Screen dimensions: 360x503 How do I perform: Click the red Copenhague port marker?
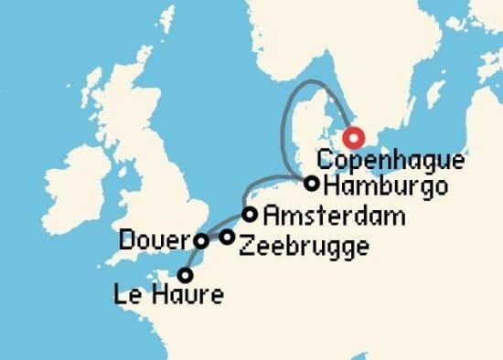353,138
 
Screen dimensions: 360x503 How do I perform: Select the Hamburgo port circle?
312,184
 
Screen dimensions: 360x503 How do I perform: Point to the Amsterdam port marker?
250,215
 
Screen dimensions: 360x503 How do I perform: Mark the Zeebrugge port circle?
227,238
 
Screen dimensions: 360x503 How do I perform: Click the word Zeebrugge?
303,246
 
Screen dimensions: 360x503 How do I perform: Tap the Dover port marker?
201,241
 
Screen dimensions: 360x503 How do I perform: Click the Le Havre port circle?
186,274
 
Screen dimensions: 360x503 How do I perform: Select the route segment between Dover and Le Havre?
192,259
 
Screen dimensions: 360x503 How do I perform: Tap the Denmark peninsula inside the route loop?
306,137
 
